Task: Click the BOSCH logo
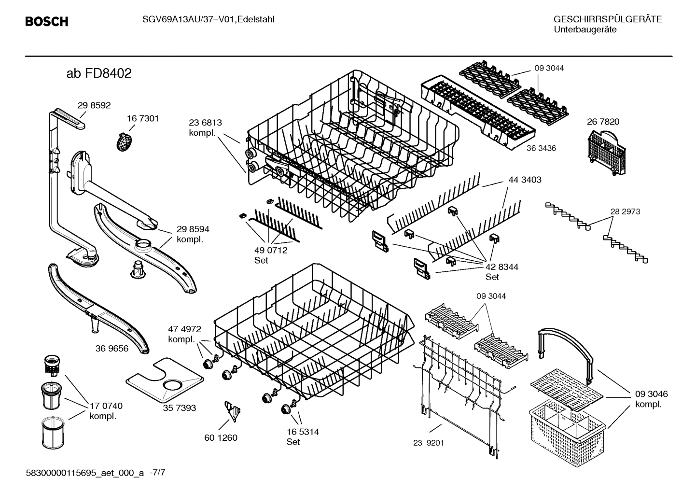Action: (46, 22)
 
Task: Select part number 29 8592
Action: (94, 106)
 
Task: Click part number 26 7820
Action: (603, 122)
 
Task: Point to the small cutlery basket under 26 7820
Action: (605, 155)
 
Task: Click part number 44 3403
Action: (525, 180)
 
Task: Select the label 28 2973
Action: (625, 211)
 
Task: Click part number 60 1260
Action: (221, 438)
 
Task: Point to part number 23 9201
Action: (428, 443)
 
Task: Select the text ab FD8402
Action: (99, 74)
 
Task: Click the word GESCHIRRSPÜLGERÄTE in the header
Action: (607, 20)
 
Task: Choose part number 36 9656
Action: (112, 349)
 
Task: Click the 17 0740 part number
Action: (106, 406)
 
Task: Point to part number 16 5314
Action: (303, 432)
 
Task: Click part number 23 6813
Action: (205, 123)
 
